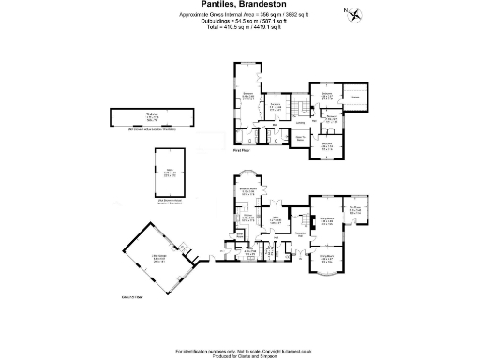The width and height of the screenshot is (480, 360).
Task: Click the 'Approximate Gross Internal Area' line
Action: (239, 15)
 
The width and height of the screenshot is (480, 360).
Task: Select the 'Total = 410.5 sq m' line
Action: (239, 27)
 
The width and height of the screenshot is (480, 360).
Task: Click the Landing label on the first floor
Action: (301, 121)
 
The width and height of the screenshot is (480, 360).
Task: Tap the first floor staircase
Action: (299, 102)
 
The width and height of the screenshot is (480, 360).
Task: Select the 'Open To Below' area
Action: (303, 140)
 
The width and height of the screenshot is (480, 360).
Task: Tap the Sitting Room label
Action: (328, 218)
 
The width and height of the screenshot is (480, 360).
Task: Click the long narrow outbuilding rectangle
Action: (150, 116)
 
